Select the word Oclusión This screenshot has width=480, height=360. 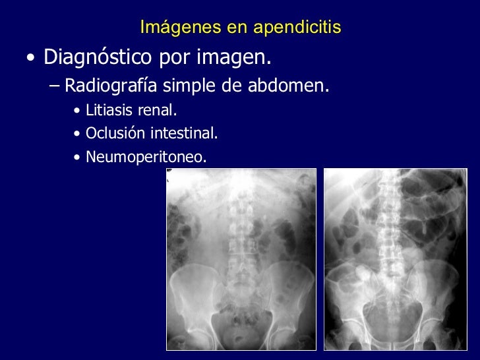tap(115, 134)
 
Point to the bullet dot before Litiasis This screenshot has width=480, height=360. tap(78, 110)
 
